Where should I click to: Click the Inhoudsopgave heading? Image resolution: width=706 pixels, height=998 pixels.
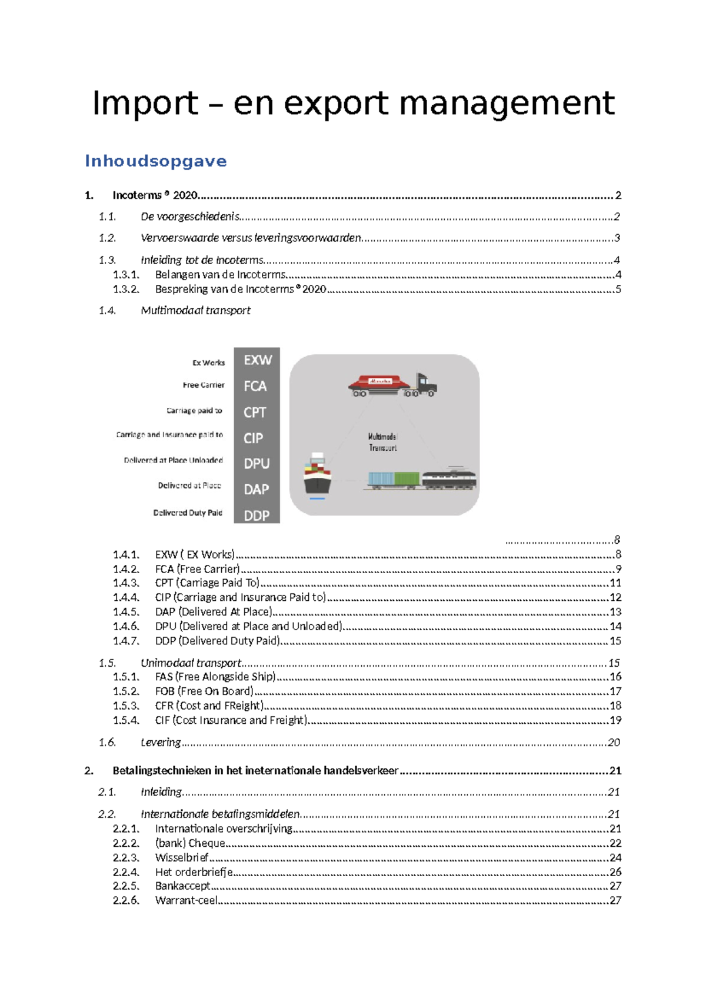point(156,161)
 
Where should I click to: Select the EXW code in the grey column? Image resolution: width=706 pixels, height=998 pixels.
point(257,360)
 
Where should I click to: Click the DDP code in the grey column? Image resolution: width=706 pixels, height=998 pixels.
point(257,515)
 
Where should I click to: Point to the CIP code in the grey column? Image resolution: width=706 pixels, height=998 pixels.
point(254,438)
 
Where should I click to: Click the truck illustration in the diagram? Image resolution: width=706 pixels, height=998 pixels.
point(392,385)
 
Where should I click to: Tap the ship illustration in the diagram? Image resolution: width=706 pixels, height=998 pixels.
point(317,475)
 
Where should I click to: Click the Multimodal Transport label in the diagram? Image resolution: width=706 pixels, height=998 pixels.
point(382,442)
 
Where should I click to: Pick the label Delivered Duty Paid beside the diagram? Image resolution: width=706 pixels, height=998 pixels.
point(188,513)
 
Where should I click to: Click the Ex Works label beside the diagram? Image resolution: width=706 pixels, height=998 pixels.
point(208,363)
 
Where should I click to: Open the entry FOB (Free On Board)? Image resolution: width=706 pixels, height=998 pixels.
point(204,691)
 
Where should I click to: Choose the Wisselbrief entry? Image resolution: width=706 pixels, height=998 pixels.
point(182,858)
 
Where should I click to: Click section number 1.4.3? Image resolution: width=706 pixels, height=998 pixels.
point(126,583)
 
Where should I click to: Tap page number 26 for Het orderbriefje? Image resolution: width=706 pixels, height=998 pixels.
point(615,872)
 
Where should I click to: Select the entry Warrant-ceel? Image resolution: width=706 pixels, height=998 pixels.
point(187,900)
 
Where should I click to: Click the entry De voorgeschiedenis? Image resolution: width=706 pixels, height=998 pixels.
point(190,217)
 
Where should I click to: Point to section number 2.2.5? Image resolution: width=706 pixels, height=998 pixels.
point(126,886)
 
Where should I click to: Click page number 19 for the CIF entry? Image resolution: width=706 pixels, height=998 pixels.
point(615,720)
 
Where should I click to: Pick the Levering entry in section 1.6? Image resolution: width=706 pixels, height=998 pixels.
point(161,743)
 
